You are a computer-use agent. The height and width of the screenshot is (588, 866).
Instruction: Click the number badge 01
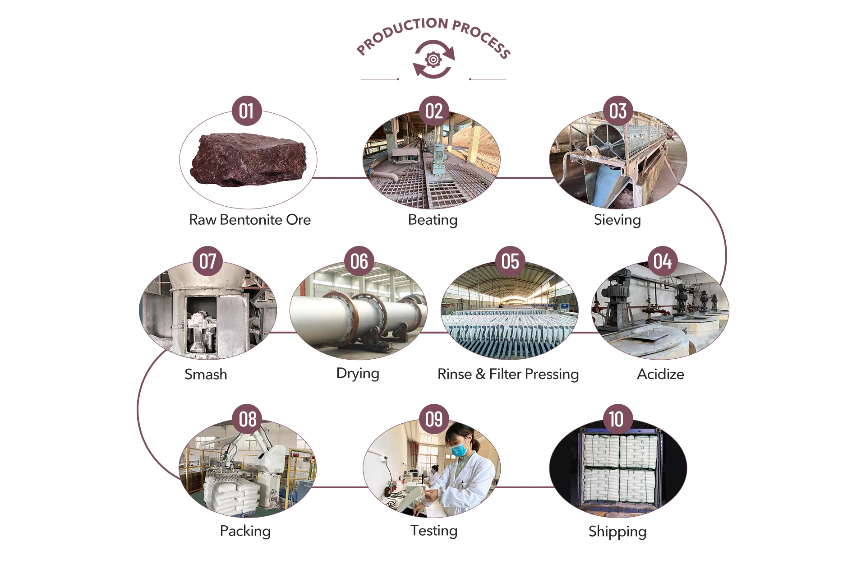[246, 111]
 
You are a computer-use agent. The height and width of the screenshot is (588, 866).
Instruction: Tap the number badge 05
[510, 261]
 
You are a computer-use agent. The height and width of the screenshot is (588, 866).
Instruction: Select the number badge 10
[616, 419]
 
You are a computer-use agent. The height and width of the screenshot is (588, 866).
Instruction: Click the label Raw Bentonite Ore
[249, 220]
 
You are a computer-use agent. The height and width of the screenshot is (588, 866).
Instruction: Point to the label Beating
[433, 220]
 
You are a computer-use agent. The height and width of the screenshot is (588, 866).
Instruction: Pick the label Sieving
[617, 220]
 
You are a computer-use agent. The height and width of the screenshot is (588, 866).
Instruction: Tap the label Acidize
[660, 374]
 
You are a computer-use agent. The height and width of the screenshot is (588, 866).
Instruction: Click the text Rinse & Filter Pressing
[508, 374]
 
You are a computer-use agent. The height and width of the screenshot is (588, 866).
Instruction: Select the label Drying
[358, 374]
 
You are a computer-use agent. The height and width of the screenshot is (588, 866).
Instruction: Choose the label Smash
[206, 374]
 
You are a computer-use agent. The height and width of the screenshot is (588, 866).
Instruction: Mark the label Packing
[245, 531]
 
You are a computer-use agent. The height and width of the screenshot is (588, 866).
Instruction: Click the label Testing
[433, 531]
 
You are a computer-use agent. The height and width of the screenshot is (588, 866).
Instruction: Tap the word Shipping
[617, 532]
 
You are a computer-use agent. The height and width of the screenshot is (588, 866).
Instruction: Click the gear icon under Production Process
[433, 59]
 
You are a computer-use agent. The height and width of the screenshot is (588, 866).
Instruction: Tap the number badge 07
[207, 261]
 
